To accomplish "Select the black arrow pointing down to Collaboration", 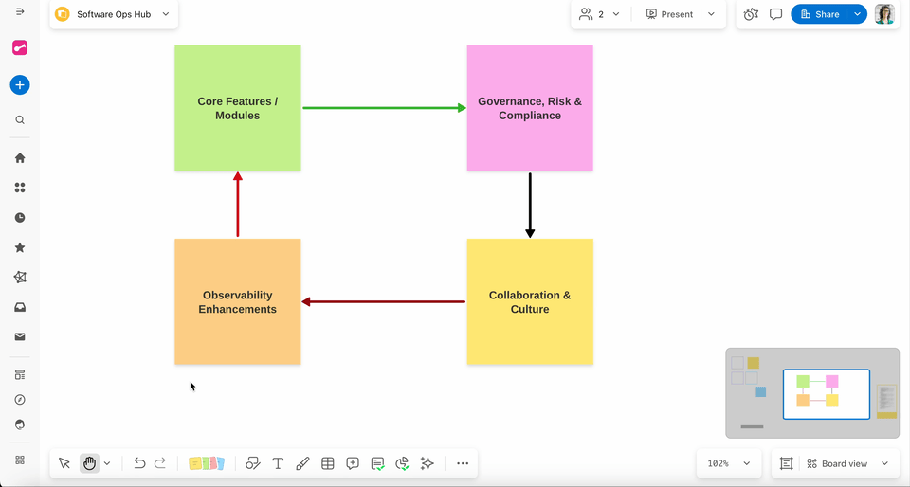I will click(x=530, y=205).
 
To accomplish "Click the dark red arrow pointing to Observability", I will click(x=383, y=302).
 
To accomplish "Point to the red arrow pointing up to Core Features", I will click(x=238, y=205).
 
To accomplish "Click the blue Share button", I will click(x=820, y=14).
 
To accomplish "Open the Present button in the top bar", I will click(x=670, y=14).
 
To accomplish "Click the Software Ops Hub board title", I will click(x=114, y=14).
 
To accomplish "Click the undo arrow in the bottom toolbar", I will click(x=139, y=463).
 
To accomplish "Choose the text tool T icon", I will click(x=278, y=463).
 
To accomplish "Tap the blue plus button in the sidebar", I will click(x=20, y=85).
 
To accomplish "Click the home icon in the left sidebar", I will click(x=20, y=158).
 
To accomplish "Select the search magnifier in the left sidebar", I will click(x=20, y=120).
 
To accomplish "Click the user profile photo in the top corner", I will click(x=884, y=14).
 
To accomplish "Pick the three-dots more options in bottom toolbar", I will click(x=463, y=463).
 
